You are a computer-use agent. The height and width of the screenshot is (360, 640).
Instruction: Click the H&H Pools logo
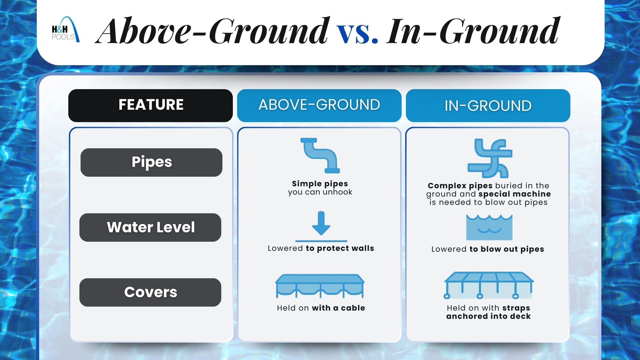(65, 30)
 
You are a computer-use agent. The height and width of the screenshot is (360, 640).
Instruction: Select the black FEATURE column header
(151, 105)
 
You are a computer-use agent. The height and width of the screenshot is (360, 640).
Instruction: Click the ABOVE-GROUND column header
(319, 105)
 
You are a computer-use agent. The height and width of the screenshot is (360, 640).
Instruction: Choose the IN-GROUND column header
(488, 105)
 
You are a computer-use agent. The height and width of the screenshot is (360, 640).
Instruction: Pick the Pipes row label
(151, 162)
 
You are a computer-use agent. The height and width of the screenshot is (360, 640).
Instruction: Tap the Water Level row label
(150, 227)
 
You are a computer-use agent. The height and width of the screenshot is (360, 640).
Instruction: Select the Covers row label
(150, 292)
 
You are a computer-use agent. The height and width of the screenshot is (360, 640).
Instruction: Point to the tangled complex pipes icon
(490, 158)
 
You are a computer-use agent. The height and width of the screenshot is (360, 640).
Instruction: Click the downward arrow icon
(321, 227)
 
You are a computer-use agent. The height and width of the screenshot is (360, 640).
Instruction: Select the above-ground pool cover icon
(320, 286)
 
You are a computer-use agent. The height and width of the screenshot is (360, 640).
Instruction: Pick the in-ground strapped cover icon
(489, 285)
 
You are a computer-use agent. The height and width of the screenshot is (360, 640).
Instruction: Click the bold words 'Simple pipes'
(320, 183)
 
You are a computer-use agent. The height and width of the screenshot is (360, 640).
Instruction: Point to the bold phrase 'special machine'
(515, 194)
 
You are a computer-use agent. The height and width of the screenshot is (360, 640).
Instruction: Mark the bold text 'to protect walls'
(340, 248)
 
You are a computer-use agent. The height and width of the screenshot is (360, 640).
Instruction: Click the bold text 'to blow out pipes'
(507, 249)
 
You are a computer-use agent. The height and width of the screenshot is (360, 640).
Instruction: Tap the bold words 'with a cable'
(339, 308)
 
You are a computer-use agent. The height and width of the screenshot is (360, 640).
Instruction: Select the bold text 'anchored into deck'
(489, 316)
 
